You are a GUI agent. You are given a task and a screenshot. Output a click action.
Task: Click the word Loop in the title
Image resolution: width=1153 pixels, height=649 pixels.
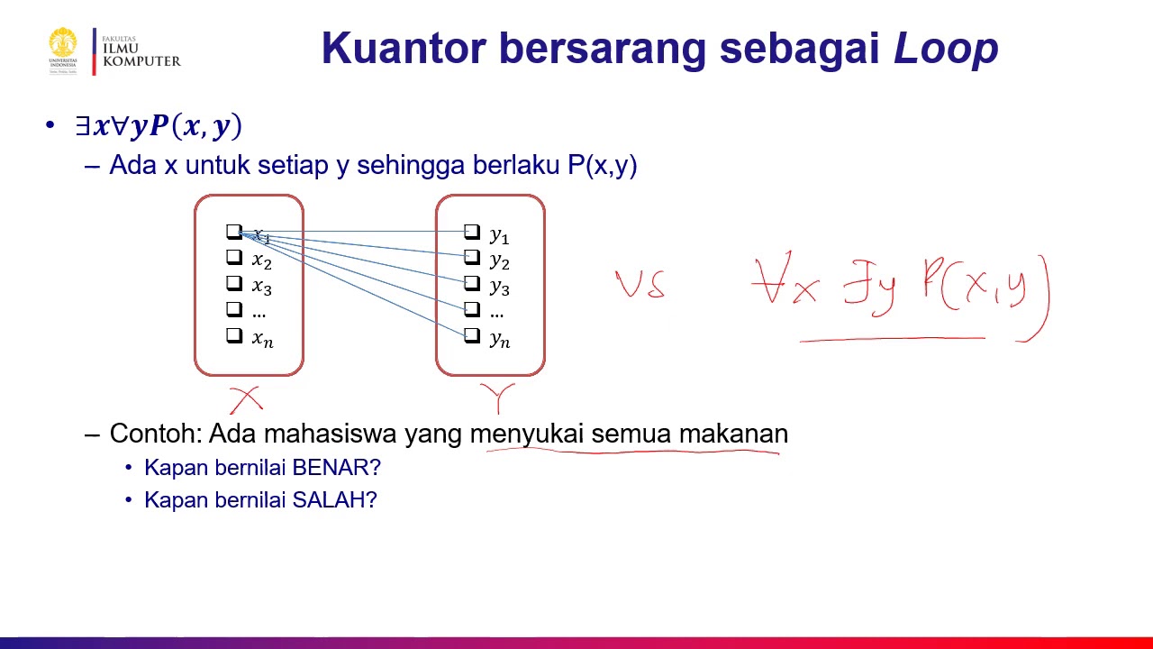(946, 49)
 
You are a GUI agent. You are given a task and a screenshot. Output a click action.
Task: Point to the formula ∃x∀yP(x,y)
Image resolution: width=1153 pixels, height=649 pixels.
(159, 126)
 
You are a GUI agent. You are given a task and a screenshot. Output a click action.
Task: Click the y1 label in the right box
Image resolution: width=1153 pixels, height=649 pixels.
(499, 236)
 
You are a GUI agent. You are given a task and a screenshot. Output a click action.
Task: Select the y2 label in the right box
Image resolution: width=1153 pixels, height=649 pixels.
(499, 261)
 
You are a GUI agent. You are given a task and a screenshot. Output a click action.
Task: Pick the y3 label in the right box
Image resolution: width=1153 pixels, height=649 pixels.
(499, 288)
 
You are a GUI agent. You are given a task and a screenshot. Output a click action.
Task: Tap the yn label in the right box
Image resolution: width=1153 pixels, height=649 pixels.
(499, 339)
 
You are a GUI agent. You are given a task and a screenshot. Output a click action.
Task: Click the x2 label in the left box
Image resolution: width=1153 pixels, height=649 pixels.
(261, 261)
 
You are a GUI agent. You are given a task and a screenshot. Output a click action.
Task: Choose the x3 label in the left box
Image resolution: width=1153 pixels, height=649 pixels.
(261, 288)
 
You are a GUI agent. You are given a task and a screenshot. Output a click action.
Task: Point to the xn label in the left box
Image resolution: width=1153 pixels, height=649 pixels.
(262, 339)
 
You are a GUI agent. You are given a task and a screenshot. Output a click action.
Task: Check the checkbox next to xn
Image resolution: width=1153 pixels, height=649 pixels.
(234, 335)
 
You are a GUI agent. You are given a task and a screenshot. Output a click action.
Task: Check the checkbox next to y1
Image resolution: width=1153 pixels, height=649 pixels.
(472, 233)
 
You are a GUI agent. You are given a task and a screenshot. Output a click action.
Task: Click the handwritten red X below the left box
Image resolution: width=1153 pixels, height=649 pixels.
(245, 399)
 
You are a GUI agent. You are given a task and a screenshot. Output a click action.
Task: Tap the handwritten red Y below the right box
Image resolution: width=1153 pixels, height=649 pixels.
(497, 398)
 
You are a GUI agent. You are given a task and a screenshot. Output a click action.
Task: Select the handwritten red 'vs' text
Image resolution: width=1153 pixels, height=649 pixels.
(640, 285)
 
